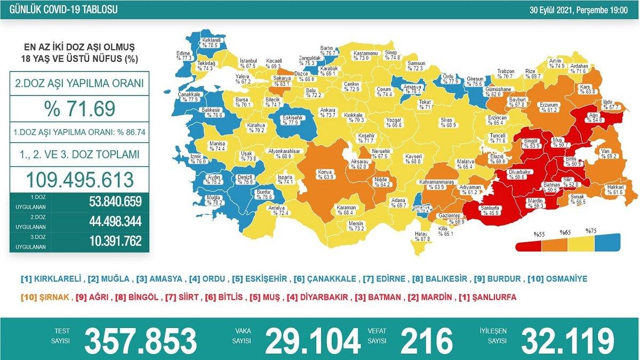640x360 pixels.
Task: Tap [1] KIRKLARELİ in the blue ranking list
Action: coord(51,279)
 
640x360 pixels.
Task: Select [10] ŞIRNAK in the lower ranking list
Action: coord(45,298)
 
